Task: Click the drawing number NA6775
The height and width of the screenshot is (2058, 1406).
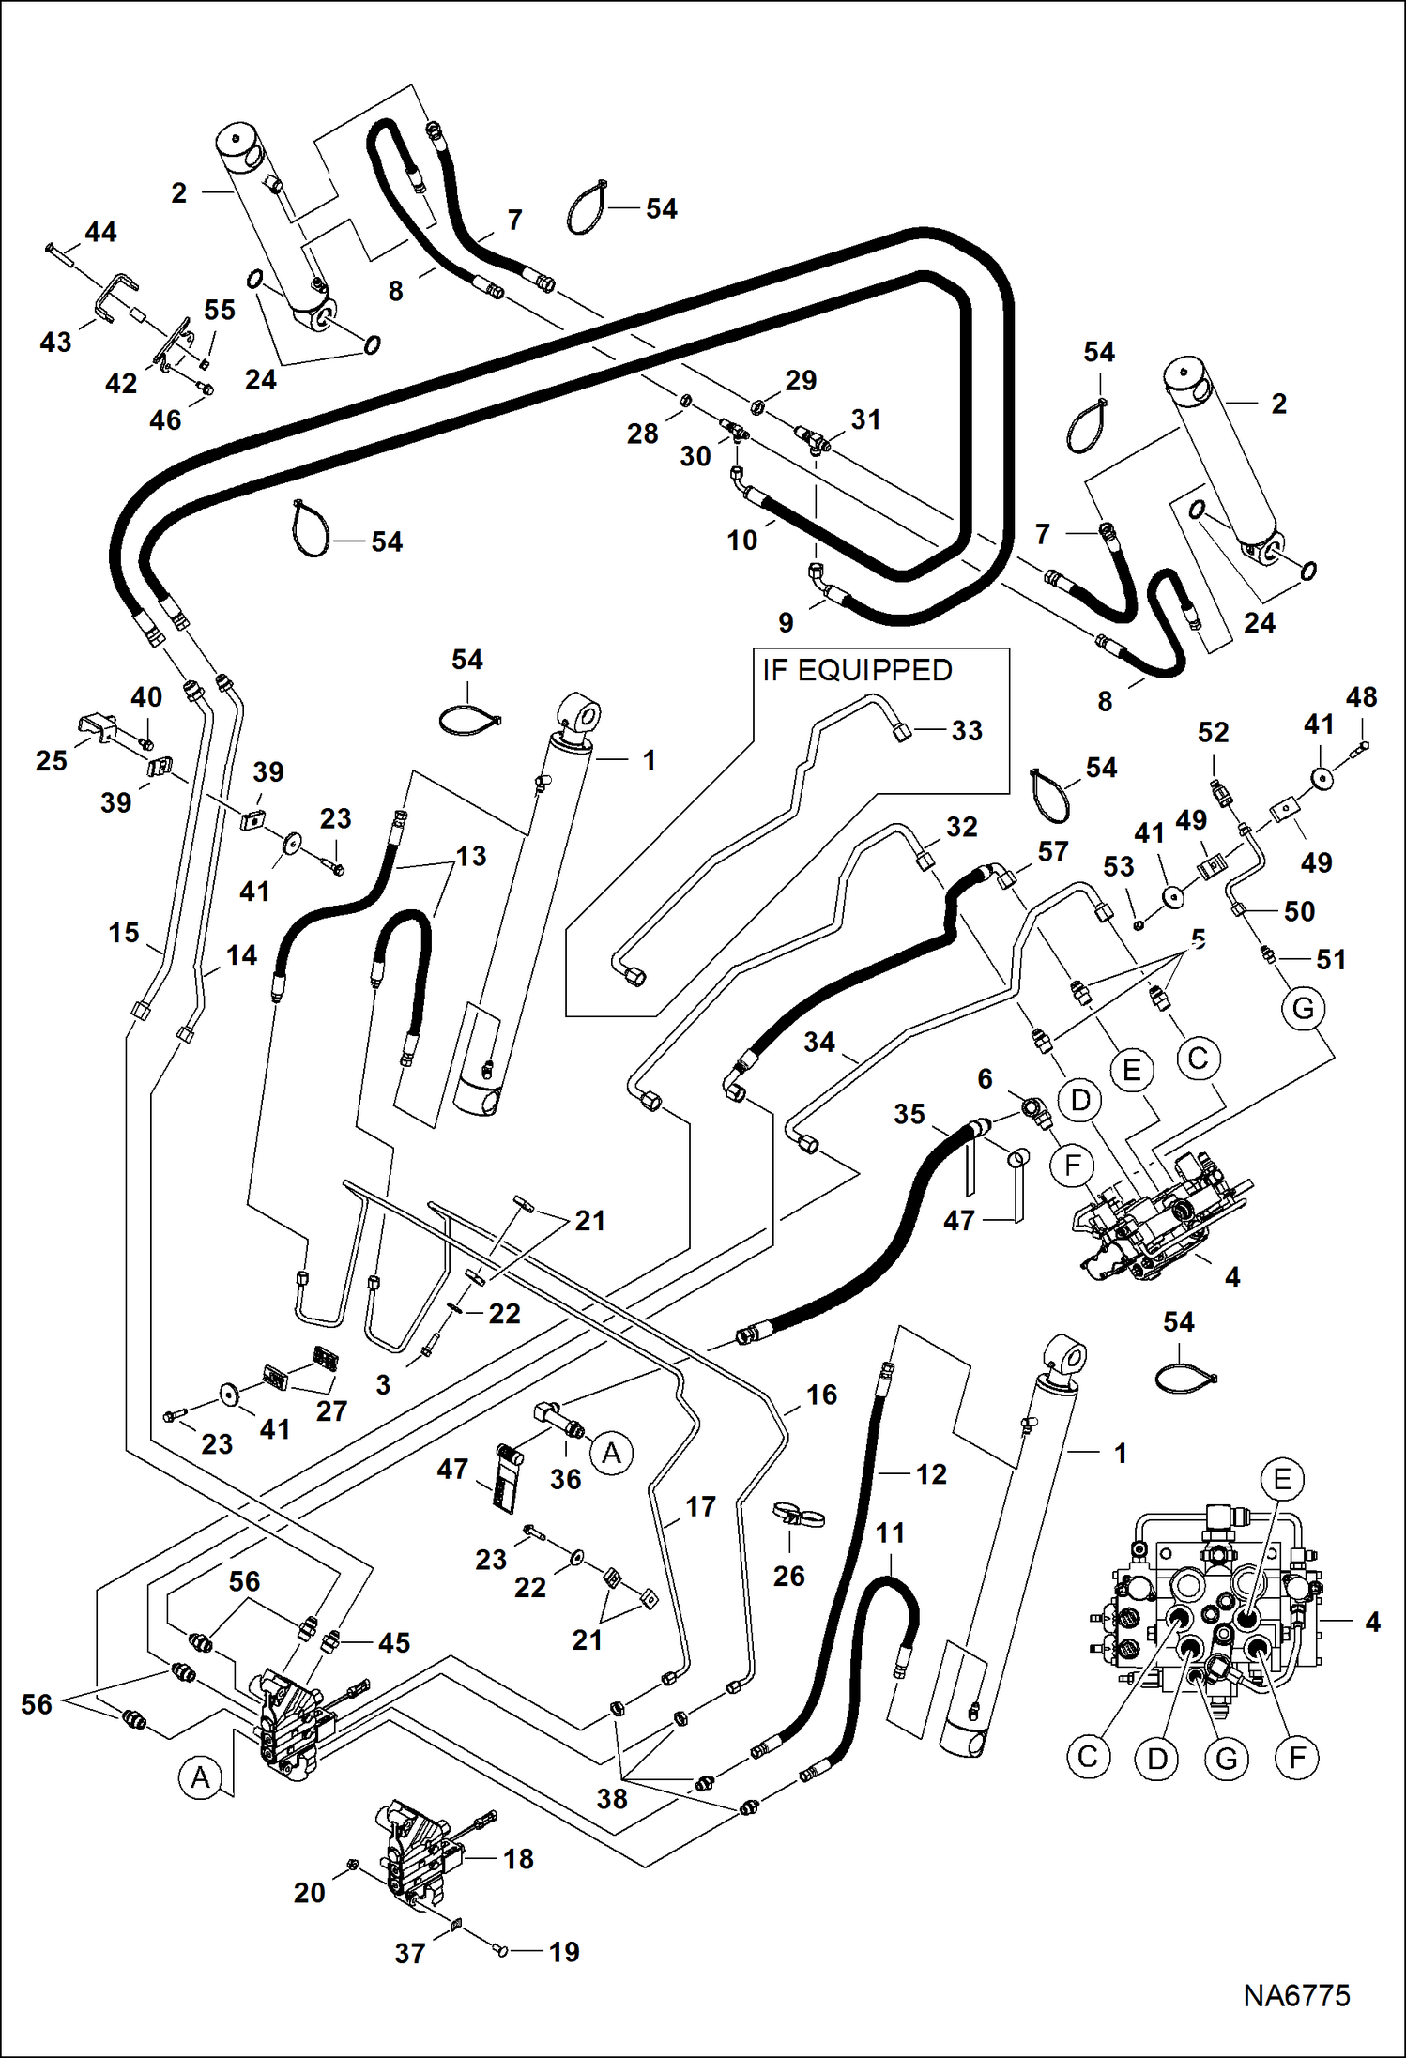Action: [x=1296, y=1995]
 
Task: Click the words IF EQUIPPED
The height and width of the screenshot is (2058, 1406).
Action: [x=856, y=670]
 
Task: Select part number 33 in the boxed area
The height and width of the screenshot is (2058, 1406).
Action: [x=966, y=731]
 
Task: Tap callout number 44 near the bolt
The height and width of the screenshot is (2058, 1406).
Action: [x=100, y=232]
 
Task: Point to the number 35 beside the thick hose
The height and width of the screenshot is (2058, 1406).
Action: [x=909, y=1114]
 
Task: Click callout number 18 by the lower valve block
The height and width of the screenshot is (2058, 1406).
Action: [x=518, y=1859]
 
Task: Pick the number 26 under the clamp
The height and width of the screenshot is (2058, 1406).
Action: [x=788, y=1576]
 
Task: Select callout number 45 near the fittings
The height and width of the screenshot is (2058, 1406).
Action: [x=394, y=1642]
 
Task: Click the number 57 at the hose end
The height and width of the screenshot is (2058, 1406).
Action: [x=1052, y=851]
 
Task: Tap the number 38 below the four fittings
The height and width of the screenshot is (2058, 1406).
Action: [x=612, y=1798]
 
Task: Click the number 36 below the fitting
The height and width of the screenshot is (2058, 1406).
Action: [x=565, y=1479]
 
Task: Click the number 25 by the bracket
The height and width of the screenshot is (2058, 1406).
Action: [x=52, y=760]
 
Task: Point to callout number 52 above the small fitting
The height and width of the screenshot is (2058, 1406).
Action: [x=1213, y=732]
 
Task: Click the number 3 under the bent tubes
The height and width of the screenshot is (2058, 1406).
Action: [x=383, y=1384]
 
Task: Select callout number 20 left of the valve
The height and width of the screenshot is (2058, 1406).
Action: [x=309, y=1893]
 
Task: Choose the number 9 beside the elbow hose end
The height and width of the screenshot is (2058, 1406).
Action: [x=786, y=622]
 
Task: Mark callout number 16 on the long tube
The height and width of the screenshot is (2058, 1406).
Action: [x=821, y=1395]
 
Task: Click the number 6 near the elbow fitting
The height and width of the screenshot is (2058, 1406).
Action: [x=985, y=1079]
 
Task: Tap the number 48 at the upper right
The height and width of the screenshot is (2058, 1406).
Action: [x=1361, y=696]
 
